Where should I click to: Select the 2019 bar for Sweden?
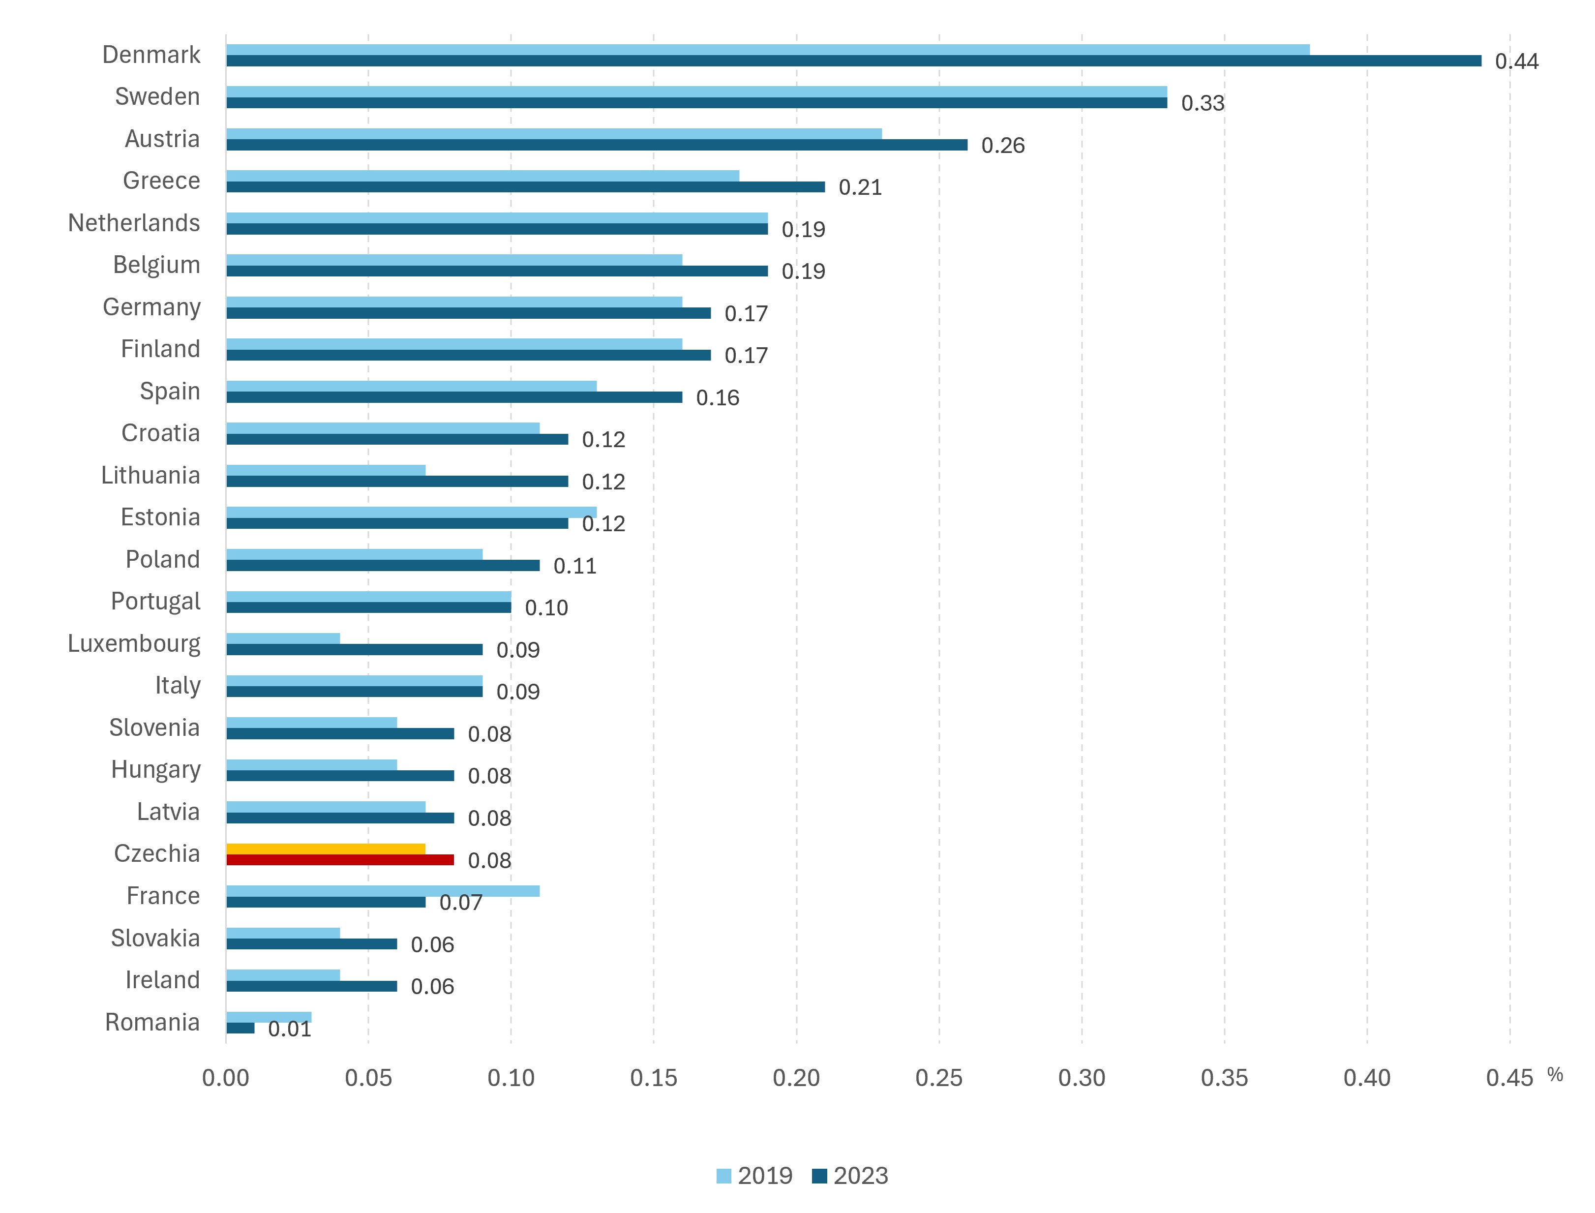click(696, 91)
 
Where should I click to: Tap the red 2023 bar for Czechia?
click(340, 859)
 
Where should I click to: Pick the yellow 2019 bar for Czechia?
click(326, 849)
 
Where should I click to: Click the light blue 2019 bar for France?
click(383, 891)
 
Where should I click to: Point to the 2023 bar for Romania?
click(241, 1028)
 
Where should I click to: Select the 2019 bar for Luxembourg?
click(283, 638)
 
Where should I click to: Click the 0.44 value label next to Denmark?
click(1516, 61)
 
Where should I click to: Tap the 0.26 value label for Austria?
click(1002, 145)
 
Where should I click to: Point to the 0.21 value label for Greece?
click(860, 187)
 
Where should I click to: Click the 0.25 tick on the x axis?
click(939, 1078)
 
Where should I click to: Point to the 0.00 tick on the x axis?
click(225, 1078)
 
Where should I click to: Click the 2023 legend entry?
click(850, 1176)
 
